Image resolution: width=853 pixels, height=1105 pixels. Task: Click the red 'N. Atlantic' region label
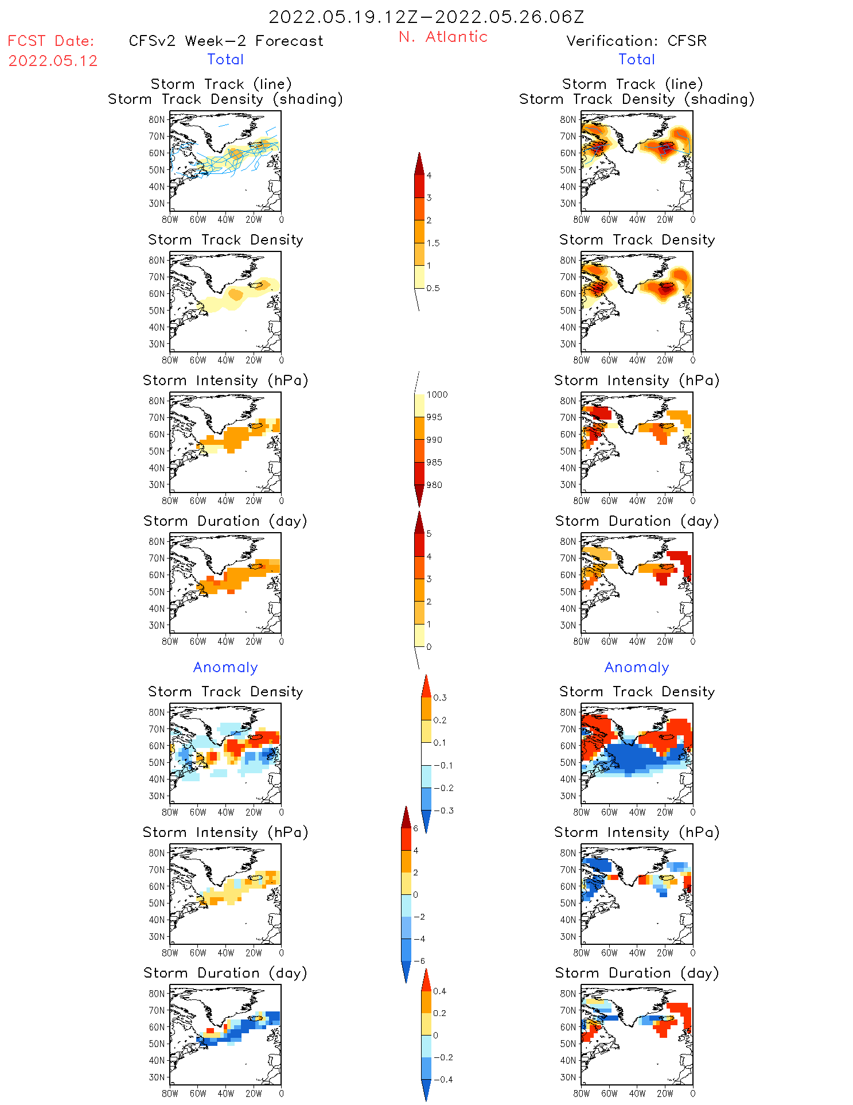coord(443,37)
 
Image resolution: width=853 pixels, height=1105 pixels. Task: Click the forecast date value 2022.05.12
coord(53,61)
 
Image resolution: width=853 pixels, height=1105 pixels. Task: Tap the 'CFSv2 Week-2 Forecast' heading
coord(226,41)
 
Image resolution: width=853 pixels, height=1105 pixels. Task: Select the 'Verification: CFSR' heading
coord(636,41)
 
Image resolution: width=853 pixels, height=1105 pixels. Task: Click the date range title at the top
coord(426,17)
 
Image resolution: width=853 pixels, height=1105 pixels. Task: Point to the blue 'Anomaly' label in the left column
coord(225,667)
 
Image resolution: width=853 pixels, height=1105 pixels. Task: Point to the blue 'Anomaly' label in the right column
coord(637,667)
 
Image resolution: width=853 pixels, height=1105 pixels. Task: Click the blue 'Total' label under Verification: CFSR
coord(637,59)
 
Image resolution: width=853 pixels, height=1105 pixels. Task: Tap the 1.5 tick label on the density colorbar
coord(433,243)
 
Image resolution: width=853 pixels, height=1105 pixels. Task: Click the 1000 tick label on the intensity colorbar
coord(437,394)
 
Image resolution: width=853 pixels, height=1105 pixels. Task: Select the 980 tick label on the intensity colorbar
coord(434,485)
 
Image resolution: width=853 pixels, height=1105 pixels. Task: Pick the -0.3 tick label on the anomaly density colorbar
coord(443,811)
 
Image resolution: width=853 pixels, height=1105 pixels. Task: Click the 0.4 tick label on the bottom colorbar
coord(439,991)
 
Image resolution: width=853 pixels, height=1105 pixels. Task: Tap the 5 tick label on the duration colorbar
coord(429,534)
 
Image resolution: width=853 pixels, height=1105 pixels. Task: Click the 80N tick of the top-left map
coord(157,119)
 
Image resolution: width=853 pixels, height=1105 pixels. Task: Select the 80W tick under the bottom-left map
coord(170,1094)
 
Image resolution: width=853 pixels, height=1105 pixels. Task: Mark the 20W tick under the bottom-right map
coord(665,1094)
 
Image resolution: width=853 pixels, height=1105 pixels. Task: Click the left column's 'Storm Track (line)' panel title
coord(221,84)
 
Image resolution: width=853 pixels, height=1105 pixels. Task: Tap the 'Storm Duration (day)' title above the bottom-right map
coord(637,973)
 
